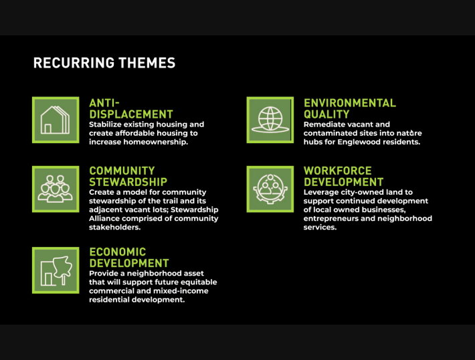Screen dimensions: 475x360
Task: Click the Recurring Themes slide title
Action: tap(104, 63)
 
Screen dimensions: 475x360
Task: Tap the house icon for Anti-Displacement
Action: tap(56, 120)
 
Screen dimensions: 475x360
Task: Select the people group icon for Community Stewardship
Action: tap(56, 189)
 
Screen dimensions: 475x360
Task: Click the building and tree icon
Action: tap(56, 270)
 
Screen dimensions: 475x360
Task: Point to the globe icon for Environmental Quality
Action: tap(270, 120)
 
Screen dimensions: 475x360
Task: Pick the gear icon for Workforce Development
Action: tap(270, 189)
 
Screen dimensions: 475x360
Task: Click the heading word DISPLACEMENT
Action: tap(131, 114)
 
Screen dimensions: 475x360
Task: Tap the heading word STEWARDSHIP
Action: tap(128, 182)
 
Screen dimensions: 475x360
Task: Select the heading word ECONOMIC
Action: tap(118, 252)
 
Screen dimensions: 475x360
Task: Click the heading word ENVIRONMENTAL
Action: tap(350, 103)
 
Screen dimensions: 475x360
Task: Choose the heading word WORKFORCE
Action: tap(338, 171)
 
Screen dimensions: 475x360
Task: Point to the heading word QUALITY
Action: tap(326, 114)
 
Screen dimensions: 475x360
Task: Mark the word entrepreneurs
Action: tap(328, 219)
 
